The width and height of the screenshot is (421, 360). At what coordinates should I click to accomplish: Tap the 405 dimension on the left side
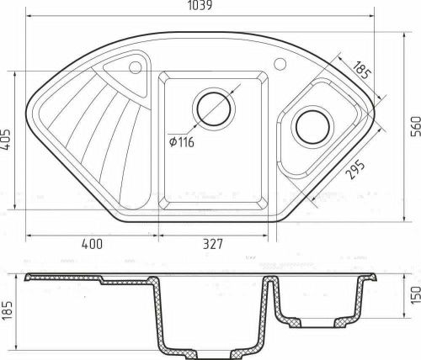pyautogui.click(x=8, y=140)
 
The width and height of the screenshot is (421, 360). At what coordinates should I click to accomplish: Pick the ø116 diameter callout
pyautogui.click(x=180, y=142)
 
